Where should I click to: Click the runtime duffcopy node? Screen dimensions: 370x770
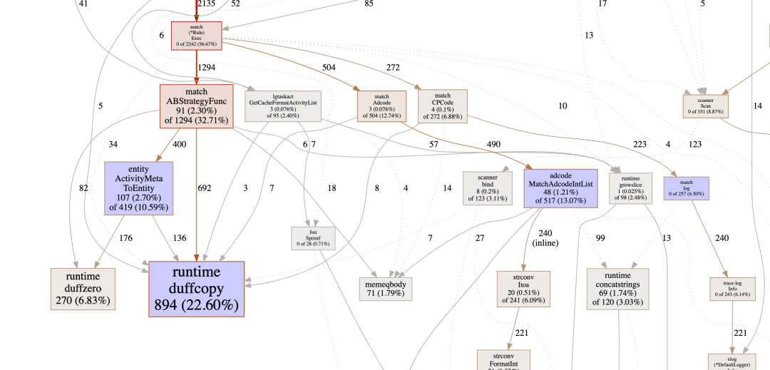click(x=196, y=289)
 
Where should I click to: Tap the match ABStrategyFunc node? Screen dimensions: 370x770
click(x=196, y=106)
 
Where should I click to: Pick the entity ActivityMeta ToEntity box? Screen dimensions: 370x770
click(x=138, y=188)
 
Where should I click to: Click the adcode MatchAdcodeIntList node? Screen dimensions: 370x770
click(x=561, y=188)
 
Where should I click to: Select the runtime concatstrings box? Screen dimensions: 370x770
click(x=618, y=289)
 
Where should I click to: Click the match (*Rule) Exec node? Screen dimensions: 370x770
click(x=196, y=36)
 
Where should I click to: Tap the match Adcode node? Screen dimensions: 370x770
click(x=382, y=106)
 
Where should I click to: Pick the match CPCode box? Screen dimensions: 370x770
click(x=443, y=106)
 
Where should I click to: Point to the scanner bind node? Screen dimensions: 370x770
click(x=488, y=188)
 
